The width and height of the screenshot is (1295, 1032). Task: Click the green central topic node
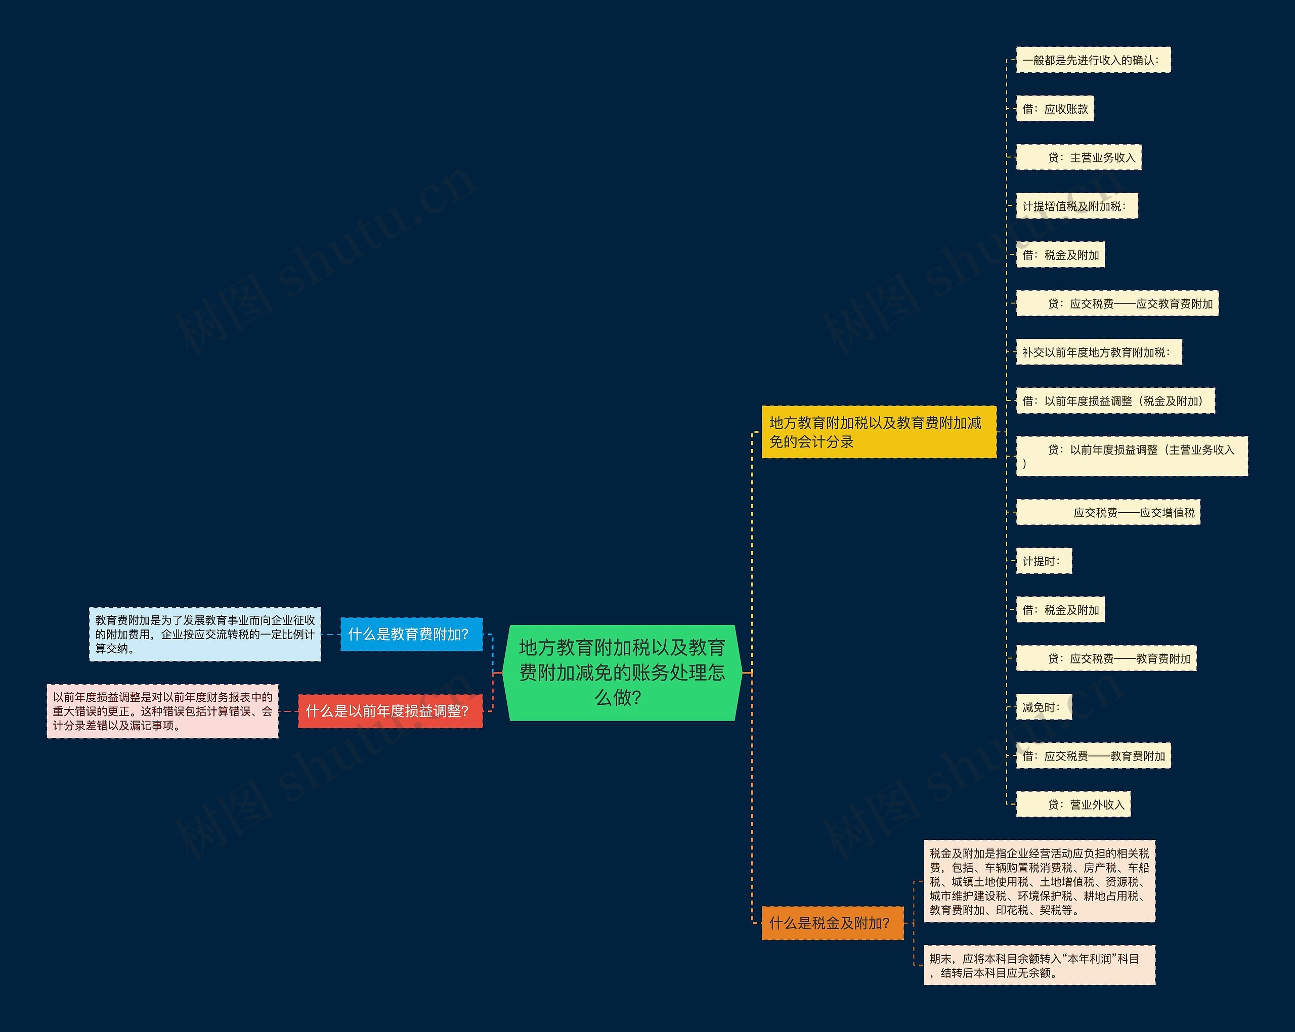(622, 672)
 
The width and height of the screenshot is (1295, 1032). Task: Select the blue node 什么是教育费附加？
(411, 634)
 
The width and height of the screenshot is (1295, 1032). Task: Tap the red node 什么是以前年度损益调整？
(390, 711)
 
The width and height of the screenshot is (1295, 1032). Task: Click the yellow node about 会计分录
(878, 432)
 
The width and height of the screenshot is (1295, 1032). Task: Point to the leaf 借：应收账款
(1055, 109)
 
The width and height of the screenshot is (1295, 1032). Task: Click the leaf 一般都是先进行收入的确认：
(1093, 60)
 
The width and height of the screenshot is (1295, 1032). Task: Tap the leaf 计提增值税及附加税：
(1076, 206)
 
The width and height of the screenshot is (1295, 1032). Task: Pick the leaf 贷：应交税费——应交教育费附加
(1116, 304)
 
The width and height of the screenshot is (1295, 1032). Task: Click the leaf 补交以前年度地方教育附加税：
(1099, 352)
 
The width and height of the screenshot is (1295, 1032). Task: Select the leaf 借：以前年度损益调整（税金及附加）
(1115, 401)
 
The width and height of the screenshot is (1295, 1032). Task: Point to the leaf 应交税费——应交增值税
(1108, 512)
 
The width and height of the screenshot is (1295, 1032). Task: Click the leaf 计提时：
(1043, 561)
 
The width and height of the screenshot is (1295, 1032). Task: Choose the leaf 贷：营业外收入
(1073, 804)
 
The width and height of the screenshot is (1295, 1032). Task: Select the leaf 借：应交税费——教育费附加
(1093, 756)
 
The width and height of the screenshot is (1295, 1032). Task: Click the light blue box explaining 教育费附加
(205, 635)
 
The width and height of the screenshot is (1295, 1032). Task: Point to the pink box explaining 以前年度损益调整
(163, 711)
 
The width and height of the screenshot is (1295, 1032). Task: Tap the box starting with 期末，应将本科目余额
(1039, 965)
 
